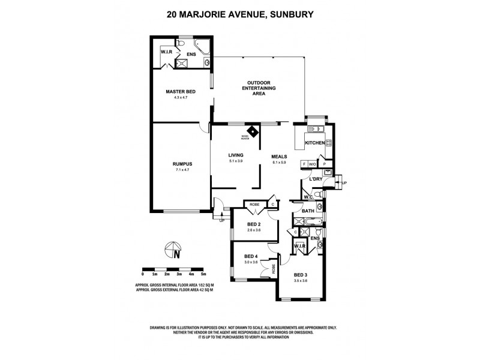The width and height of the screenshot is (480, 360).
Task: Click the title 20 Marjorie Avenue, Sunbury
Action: (x=240, y=10)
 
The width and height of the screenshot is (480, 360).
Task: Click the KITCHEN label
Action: (x=315, y=143)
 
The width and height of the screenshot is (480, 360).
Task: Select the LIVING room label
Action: (x=236, y=154)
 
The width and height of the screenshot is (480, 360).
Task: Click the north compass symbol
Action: (x=173, y=249)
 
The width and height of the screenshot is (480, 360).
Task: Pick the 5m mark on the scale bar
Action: (x=205, y=274)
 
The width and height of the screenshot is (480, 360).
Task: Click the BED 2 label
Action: (x=254, y=224)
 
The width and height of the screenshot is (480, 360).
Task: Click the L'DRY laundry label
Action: (x=317, y=179)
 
